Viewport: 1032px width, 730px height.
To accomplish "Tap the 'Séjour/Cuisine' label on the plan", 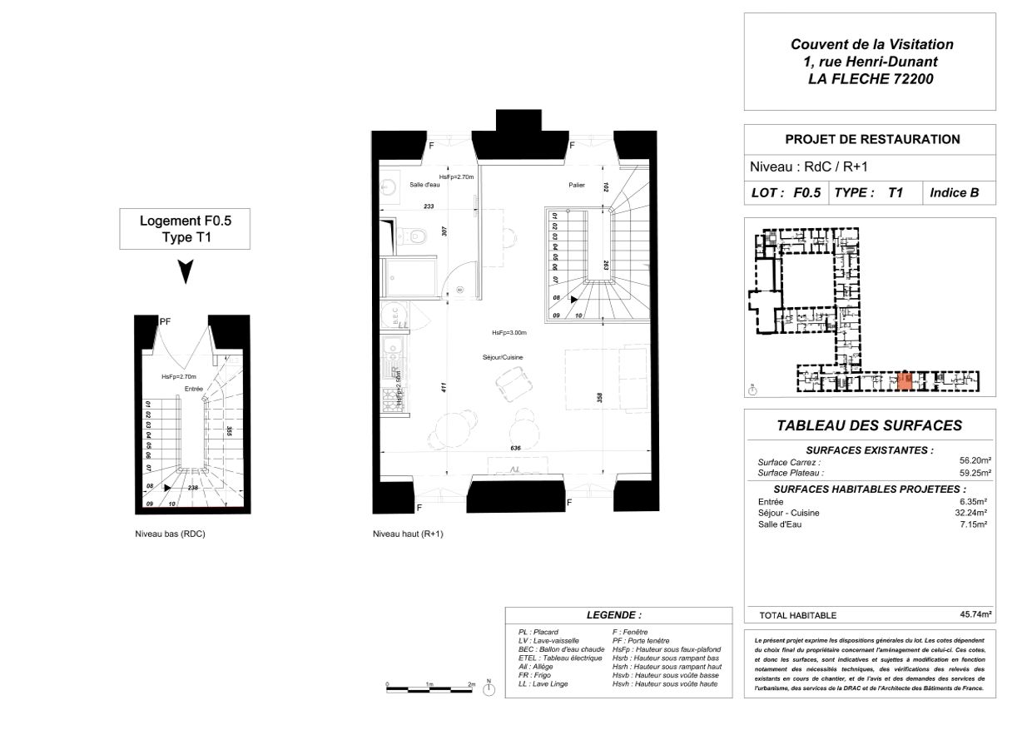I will [508, 357].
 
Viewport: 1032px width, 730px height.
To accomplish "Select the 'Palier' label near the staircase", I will [577, 185].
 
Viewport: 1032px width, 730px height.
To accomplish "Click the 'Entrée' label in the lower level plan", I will [194, 389].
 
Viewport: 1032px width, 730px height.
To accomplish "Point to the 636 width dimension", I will [515, 449].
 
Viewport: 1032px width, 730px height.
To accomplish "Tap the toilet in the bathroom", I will [414, 237].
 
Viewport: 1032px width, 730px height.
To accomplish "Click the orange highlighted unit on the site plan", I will [906, 381].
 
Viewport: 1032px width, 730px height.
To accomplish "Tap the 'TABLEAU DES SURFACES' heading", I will [869, 425].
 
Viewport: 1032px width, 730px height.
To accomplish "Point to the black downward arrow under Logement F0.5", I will [186, 271].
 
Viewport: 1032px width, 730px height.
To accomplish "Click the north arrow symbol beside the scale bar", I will [489, 688].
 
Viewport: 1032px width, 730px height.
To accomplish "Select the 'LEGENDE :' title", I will [613, 615].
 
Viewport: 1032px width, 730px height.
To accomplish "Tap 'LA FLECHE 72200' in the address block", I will [871, 80].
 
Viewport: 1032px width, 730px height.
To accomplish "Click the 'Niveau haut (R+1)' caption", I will [408, 534].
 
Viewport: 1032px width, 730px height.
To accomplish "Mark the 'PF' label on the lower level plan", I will [165, 320].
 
